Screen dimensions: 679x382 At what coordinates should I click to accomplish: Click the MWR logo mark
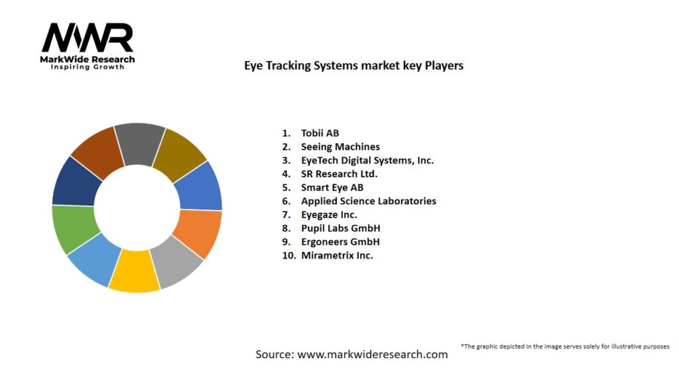(x=88, y=38)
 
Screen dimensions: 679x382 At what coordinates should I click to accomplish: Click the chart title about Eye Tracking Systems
(x=353, y=66)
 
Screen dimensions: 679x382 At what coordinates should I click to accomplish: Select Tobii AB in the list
(x=320, y=133)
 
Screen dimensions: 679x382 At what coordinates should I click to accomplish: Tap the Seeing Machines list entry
(x=340, y=147)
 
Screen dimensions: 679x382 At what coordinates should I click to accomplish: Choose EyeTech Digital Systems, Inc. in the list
(x=367, y=160)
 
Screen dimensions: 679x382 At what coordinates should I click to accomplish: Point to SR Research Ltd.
(x=339, y=174)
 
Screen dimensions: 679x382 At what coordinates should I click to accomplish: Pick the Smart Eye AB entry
(x=332, y=187)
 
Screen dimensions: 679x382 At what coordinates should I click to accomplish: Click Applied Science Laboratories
(x=369, y=201)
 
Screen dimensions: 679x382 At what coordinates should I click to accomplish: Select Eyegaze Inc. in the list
(x=329, y=214)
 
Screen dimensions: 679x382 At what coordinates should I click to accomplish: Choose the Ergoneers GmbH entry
(x=340, y=241)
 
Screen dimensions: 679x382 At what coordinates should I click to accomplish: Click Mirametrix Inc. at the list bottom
(x=337, y=255)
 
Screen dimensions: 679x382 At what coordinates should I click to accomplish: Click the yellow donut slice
(x=135, y=272)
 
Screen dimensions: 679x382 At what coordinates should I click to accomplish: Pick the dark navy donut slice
(x=74, y=181)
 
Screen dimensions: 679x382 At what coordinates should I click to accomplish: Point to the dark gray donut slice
(x=139, y=142)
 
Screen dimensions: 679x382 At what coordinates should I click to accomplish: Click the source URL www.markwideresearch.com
(x=372, y=354)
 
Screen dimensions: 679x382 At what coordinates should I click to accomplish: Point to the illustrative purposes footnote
(x=565, y=346)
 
